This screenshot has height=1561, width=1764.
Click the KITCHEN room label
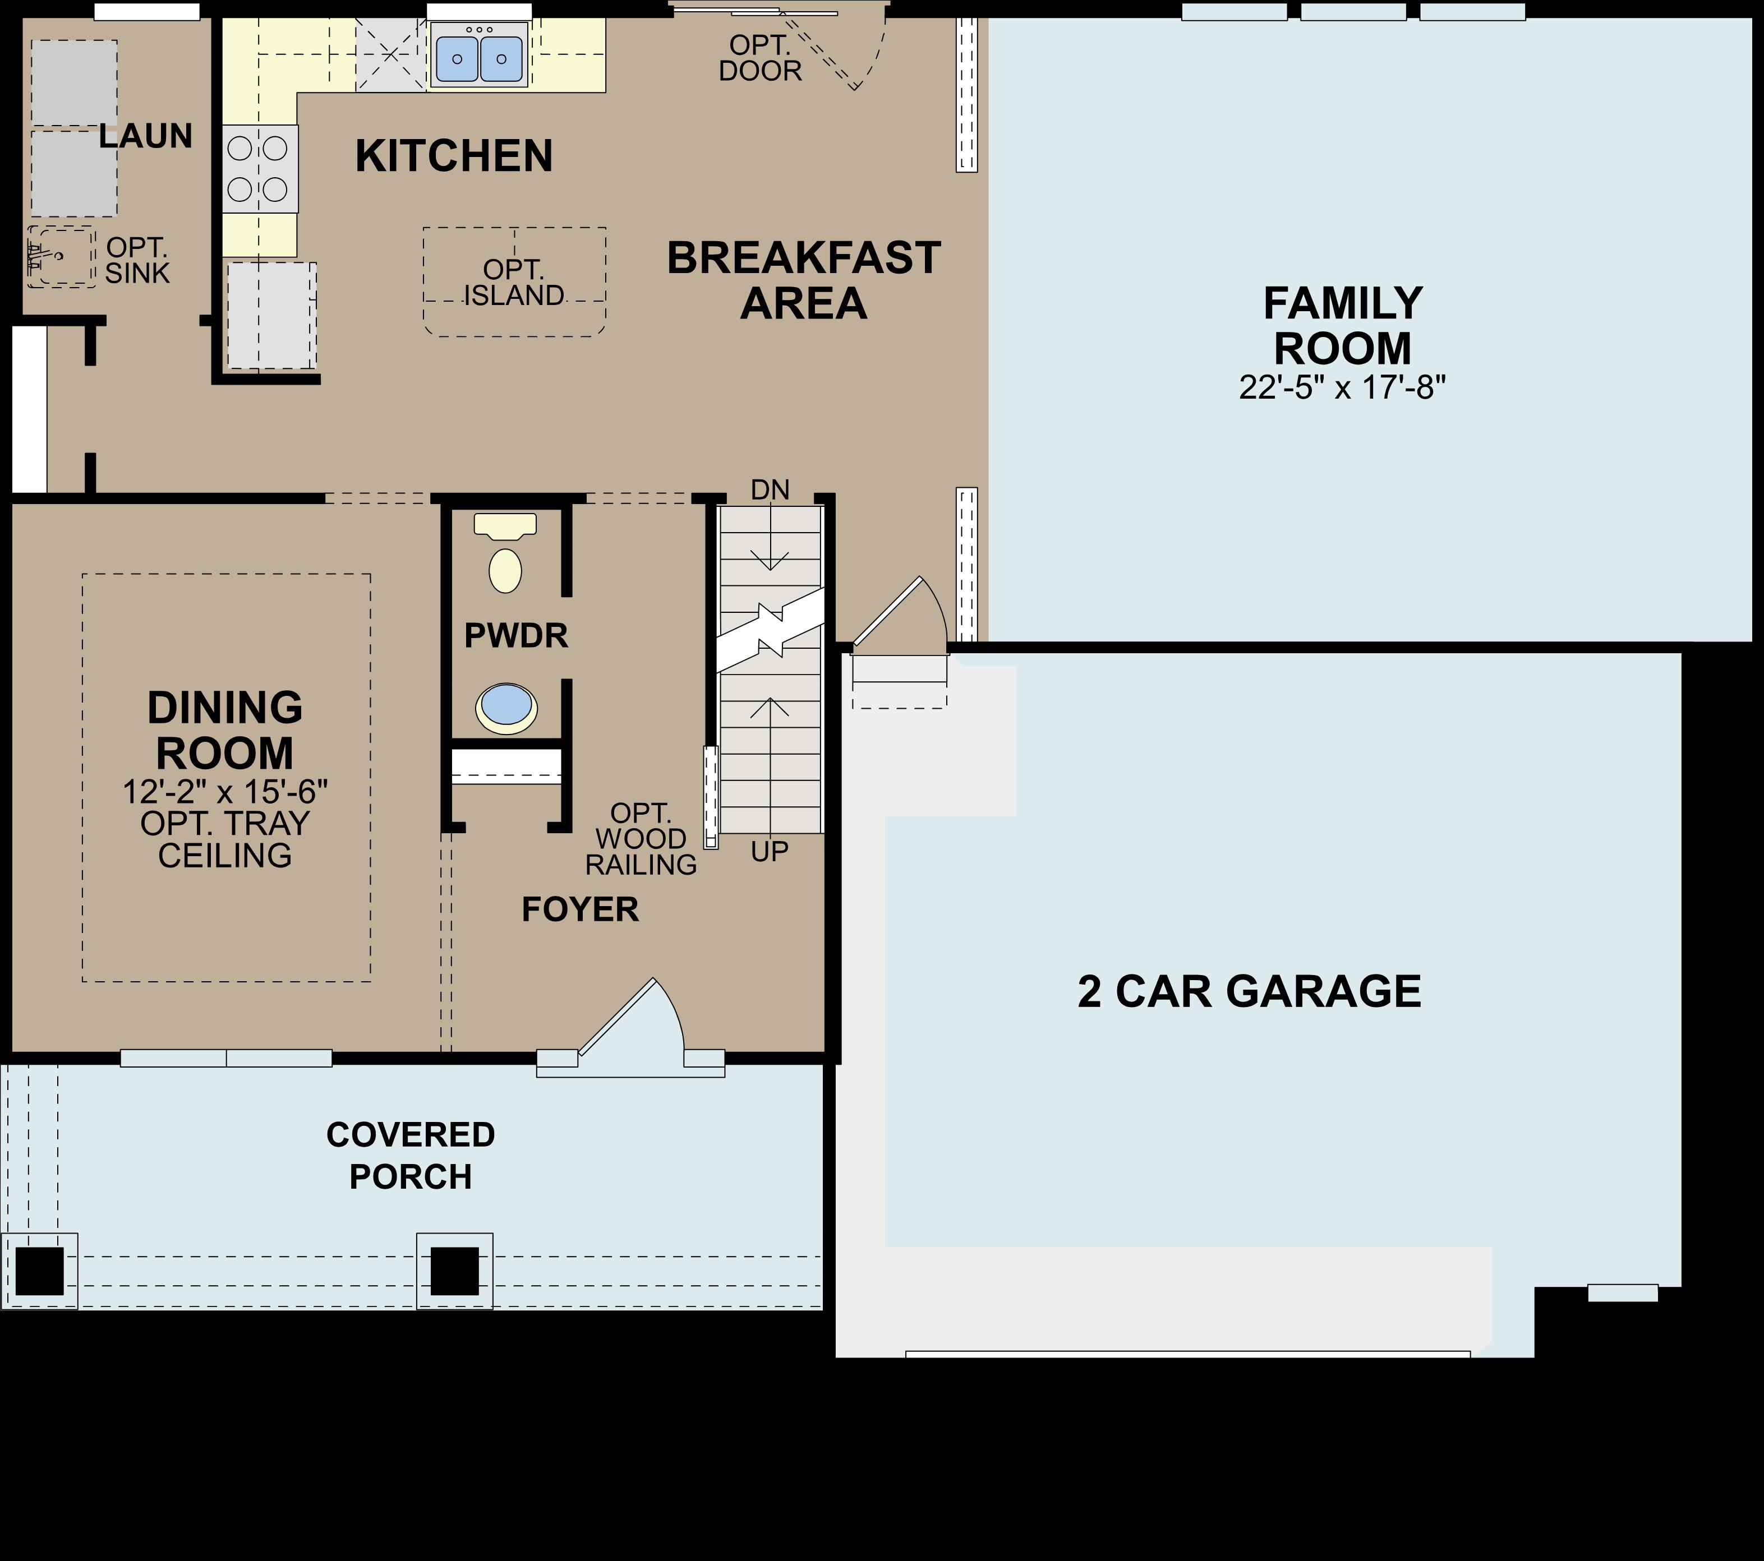454,156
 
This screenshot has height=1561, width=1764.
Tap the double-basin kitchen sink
479,55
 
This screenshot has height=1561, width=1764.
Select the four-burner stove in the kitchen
259,168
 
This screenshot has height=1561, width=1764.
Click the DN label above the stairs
770,490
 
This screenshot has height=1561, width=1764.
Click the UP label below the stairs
769,852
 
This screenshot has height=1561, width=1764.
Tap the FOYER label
580,909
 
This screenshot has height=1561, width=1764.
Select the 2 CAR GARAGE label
1249,991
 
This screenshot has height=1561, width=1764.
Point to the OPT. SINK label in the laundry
137,260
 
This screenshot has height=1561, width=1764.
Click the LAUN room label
145,136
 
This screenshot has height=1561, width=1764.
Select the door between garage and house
897,617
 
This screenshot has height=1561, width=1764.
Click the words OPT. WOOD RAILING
641,839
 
